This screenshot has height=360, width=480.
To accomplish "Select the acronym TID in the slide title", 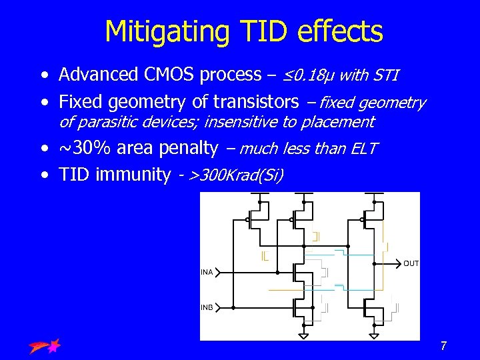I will point(257,31).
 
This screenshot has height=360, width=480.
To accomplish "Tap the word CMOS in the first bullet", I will point(167,75).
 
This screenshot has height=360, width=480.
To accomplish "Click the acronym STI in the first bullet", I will point(385,75).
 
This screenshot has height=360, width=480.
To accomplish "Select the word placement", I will point(339,122).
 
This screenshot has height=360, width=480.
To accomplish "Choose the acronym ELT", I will point(363,149).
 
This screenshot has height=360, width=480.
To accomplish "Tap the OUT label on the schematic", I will point(411,264).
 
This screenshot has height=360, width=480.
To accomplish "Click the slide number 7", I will point(443,346).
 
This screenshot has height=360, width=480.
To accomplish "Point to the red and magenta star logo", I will point(45,345).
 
